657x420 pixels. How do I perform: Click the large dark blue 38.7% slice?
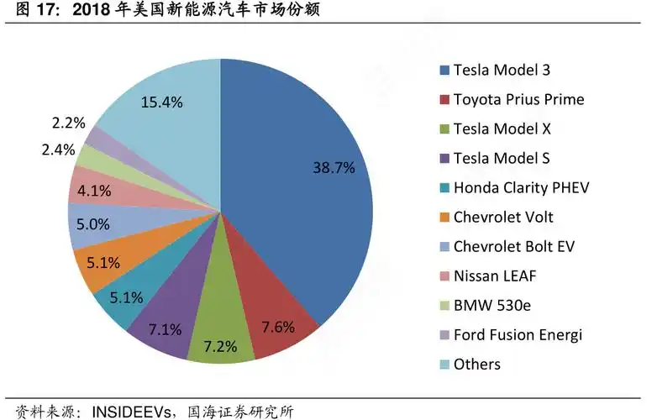(x=311, y=185)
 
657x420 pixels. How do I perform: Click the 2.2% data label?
(x=68, y=123)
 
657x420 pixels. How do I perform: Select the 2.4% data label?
(x=57, y=150)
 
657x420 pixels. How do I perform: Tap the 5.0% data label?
(x=93, y=225)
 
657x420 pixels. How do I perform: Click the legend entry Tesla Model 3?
(x=502, y=71)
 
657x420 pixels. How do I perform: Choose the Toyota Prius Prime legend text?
(x=518, y=100)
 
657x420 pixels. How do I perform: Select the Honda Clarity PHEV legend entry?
(x=521, y=187)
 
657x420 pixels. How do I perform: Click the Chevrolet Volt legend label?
(x=503, y=217)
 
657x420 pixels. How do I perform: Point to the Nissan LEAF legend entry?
(x=494, y=276)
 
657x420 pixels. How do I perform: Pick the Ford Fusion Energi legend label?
(x=518, y=334)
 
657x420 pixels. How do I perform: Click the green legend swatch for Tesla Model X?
(x=444, y=129)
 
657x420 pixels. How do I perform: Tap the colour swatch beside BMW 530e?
(x=444, y=306)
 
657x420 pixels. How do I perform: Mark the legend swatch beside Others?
(x=444, y=365)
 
